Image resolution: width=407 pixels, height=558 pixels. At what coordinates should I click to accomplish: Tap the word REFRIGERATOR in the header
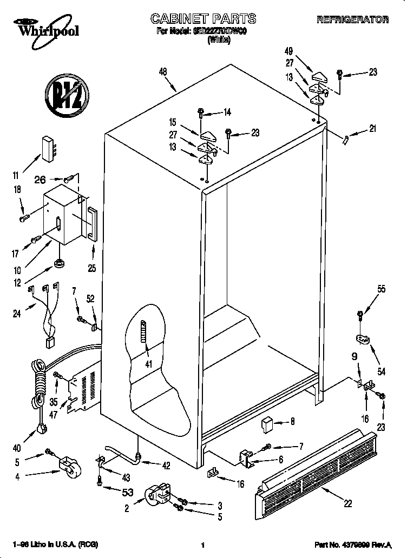352,20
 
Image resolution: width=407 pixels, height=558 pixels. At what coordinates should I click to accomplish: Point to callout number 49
288,51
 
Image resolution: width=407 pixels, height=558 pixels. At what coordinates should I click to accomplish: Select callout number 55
381,289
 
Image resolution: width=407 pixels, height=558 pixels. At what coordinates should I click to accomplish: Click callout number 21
372,129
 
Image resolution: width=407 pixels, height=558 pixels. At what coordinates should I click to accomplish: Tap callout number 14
227,112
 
